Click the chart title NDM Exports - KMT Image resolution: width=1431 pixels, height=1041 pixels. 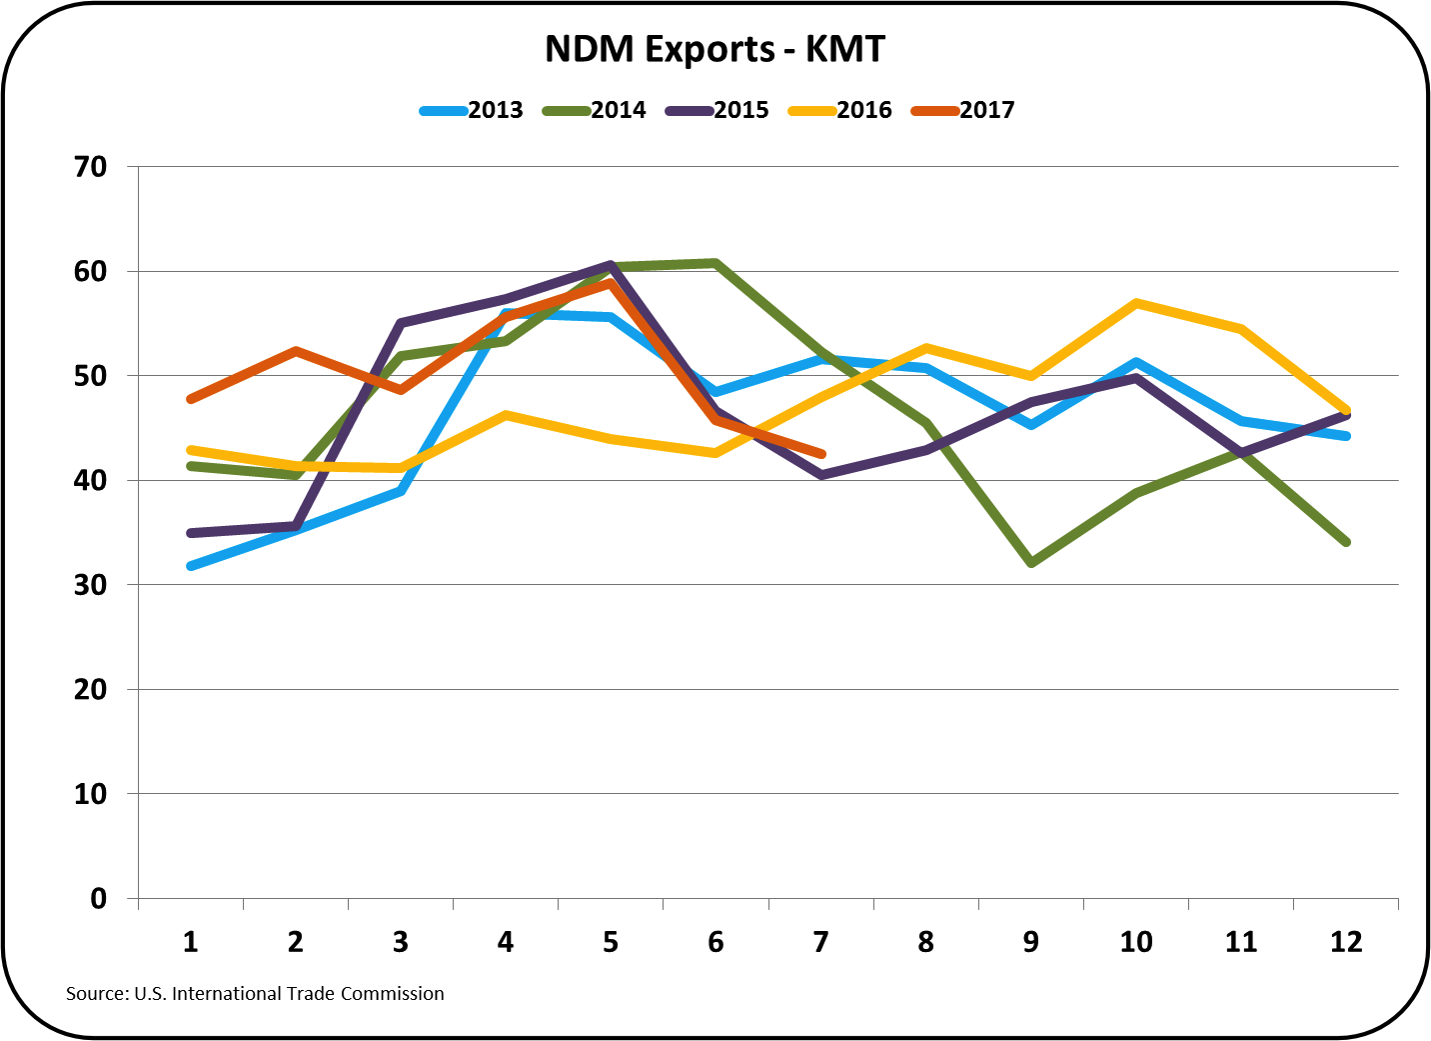click(715, 48)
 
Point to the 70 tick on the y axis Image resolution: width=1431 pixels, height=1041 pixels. click(91, 167)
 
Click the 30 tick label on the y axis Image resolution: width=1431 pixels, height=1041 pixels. click(91, 585)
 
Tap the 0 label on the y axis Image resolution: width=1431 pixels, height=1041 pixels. click(98, 899)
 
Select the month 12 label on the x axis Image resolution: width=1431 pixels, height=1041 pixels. click(1346, 942)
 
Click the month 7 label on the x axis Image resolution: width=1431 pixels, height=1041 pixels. click(820, 942)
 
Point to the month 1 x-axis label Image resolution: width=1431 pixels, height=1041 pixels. click(190, 942)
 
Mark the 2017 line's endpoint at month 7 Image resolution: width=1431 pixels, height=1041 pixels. click(821, 454)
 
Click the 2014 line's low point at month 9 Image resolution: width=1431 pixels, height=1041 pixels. click(1031, 564)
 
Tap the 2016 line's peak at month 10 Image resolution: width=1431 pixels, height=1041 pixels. click(1136, 303)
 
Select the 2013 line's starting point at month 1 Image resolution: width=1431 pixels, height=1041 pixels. click(190, 566)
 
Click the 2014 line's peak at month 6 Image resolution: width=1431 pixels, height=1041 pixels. click(715, 263)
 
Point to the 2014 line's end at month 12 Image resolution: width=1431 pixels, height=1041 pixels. click(1346, 542)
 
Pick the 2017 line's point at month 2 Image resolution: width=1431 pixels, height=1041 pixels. click(296, 351)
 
